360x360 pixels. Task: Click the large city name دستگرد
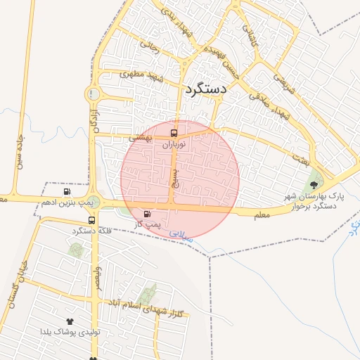[x=205, y=89]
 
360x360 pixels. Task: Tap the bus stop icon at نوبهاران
[x=173, y=132]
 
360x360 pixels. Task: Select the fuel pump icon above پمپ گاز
[x=147, y=214]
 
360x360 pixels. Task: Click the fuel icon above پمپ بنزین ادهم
[x=67, y=191]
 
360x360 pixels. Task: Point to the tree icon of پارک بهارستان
[x=312, y=184]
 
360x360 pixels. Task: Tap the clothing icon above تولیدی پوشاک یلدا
[x=70, y=321]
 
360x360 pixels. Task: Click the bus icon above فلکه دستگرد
[x=91, y=220]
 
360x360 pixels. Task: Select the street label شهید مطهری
[x=141, y=75]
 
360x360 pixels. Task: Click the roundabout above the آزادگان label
[x=92, y=94]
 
